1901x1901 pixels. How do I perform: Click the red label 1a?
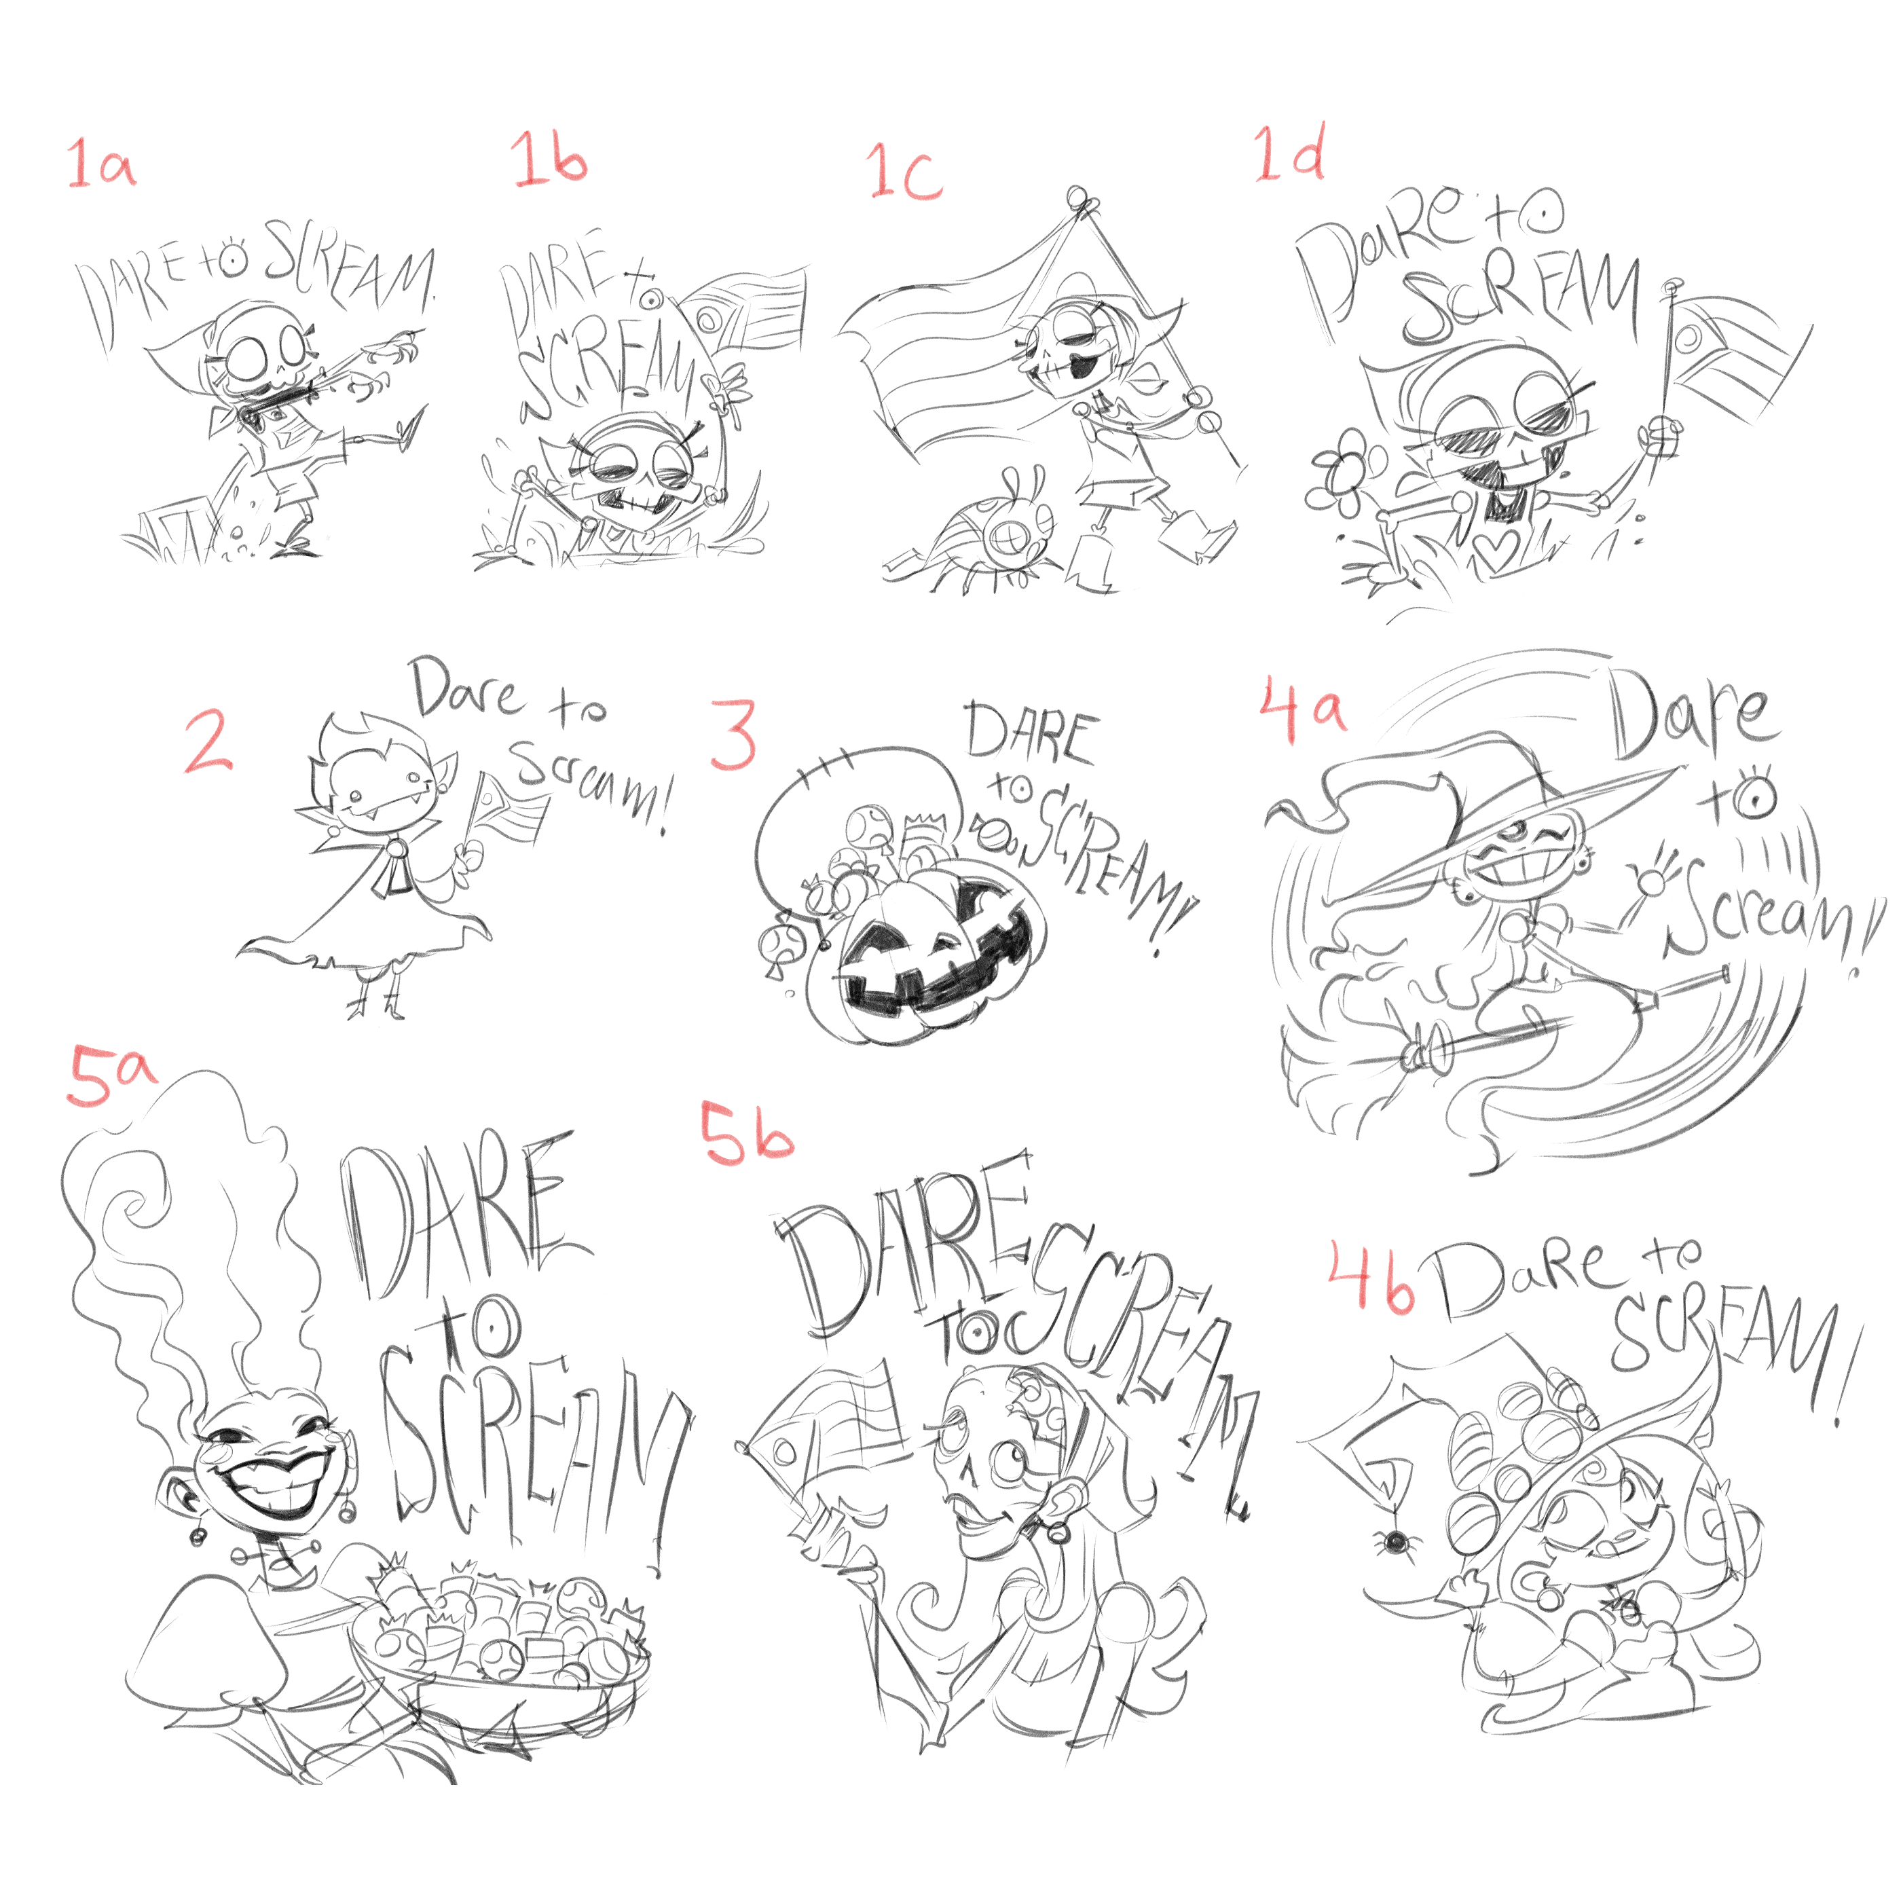[x=101, y=164]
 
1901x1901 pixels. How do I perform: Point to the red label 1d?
[x=1289, y=153]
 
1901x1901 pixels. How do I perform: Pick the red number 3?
[x=734, y=734]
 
